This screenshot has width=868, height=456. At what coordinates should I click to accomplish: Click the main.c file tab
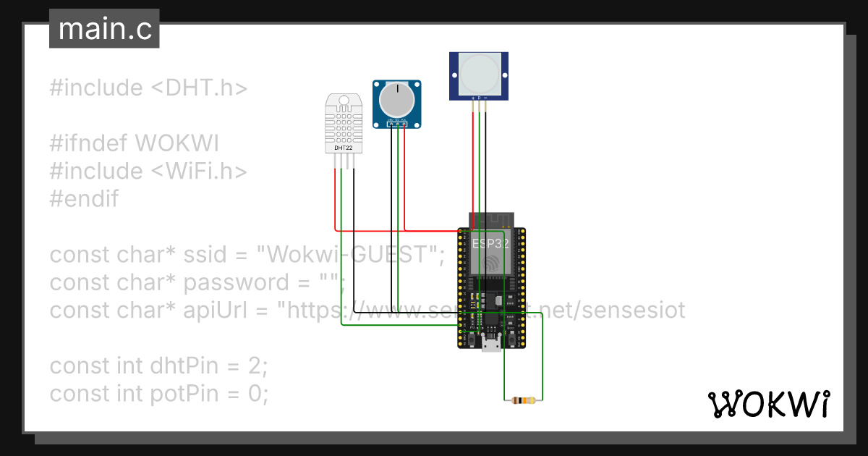pos(104,30)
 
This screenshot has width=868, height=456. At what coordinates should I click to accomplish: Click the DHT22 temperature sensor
pos(343,123)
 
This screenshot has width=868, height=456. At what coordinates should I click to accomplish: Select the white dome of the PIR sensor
pos(479,73)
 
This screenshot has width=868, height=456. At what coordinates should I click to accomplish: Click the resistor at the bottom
pos(522,400)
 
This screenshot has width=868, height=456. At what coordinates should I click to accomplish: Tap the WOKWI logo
pos(768,405)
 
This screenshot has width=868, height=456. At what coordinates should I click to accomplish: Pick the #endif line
pos(84,198)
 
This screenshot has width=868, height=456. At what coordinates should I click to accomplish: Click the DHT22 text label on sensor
pos(343,148)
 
